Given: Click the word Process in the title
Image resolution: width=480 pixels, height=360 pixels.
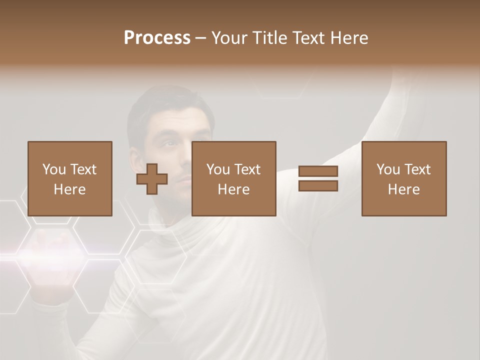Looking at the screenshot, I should click(157, 38).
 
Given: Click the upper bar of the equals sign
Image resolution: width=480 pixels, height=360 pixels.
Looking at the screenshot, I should click(318, 171).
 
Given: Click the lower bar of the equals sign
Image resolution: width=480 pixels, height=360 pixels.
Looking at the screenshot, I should click(318, 186).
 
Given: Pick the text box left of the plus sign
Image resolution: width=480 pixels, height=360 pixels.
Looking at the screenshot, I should click(69, 178).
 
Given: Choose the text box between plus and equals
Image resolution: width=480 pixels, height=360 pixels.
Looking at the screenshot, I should click(233, 178).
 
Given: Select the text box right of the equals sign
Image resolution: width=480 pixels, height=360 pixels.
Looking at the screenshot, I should click(403, 178).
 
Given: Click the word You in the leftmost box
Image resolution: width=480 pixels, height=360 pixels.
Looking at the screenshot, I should click(54, 169).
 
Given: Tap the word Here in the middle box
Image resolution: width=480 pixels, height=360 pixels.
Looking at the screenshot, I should click(233, 189).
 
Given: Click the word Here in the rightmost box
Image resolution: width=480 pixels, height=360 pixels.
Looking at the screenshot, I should click(403, 189).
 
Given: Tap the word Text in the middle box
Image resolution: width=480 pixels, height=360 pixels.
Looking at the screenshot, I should click(247, 169).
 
